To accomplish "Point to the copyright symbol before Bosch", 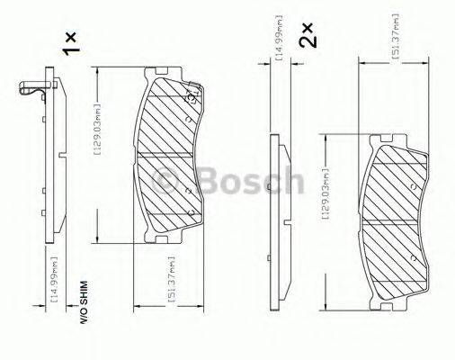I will (x=167, y=180).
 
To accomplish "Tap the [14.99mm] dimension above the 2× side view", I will (x=281, y=38).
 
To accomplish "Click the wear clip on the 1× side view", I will (x=33, y=88).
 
